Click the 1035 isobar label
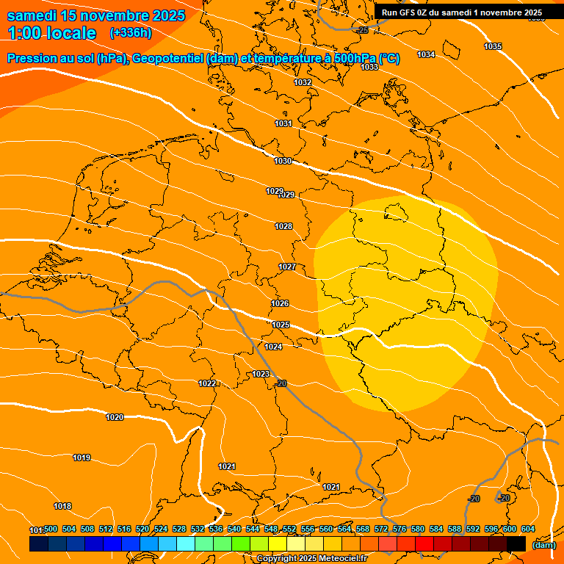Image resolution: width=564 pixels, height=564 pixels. (493, 47)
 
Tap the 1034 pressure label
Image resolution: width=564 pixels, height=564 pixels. (426, 55)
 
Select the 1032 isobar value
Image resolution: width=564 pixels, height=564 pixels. (303, 83)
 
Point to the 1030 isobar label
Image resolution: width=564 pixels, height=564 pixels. (283, 162)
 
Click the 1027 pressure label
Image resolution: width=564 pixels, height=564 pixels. (287, 267)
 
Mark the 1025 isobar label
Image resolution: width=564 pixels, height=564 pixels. (281, 325)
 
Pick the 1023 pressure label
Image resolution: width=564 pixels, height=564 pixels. (261, 374)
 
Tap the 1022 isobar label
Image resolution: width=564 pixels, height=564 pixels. (207, 383)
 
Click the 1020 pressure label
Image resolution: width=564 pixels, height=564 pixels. (115, 417)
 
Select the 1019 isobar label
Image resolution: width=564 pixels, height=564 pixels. (82, 458)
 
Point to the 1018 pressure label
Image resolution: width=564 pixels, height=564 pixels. (62, 507)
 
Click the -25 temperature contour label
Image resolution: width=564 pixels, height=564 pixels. (363, 30)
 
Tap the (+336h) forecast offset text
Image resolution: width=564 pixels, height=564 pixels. (131, 33)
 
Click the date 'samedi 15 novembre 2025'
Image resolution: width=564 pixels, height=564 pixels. (96, 15)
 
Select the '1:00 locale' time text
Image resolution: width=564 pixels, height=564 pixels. (51, 33)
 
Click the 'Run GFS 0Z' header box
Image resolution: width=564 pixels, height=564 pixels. (461, 12)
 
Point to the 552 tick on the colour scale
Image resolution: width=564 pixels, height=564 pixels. (289, 529)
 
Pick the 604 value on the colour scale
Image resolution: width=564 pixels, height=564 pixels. (527, 529)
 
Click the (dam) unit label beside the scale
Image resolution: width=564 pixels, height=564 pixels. (543, 545)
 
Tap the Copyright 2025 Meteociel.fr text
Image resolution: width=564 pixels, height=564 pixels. (311, 558)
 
